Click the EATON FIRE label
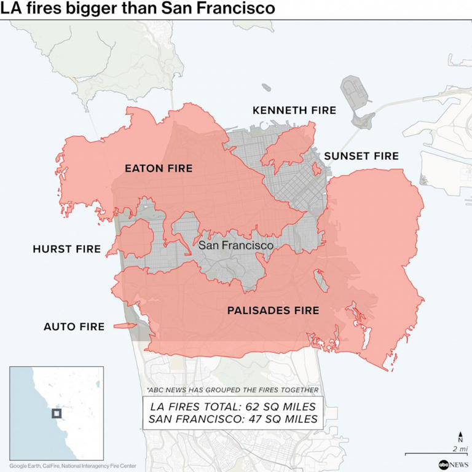[159, 168]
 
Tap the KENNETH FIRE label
[294, 111]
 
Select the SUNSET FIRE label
[361, 156]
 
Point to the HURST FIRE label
[66, 249]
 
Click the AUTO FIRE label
[74, 326]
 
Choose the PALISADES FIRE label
[273, 310]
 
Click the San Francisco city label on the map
[235, 245]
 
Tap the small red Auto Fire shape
[125, 326]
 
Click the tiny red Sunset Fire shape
[316, 168]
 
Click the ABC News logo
[452, 464]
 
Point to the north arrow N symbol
[460, 438]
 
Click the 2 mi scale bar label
[459, 449]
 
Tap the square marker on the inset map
[57, 414]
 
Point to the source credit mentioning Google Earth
[73, 466]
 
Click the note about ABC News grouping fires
[233, 390]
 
